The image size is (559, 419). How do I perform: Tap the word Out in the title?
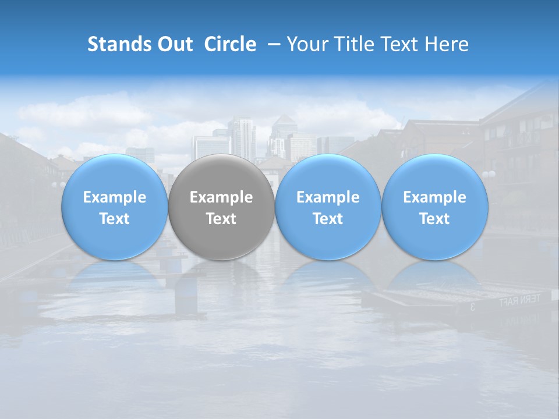174,44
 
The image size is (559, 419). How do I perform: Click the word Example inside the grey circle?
221,197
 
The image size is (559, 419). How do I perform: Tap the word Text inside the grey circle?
221,219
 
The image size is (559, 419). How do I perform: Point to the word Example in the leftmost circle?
114,197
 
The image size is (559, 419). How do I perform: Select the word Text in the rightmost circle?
435,219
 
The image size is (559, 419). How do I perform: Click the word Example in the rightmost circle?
435,197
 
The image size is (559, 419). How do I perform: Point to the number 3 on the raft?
472,306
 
